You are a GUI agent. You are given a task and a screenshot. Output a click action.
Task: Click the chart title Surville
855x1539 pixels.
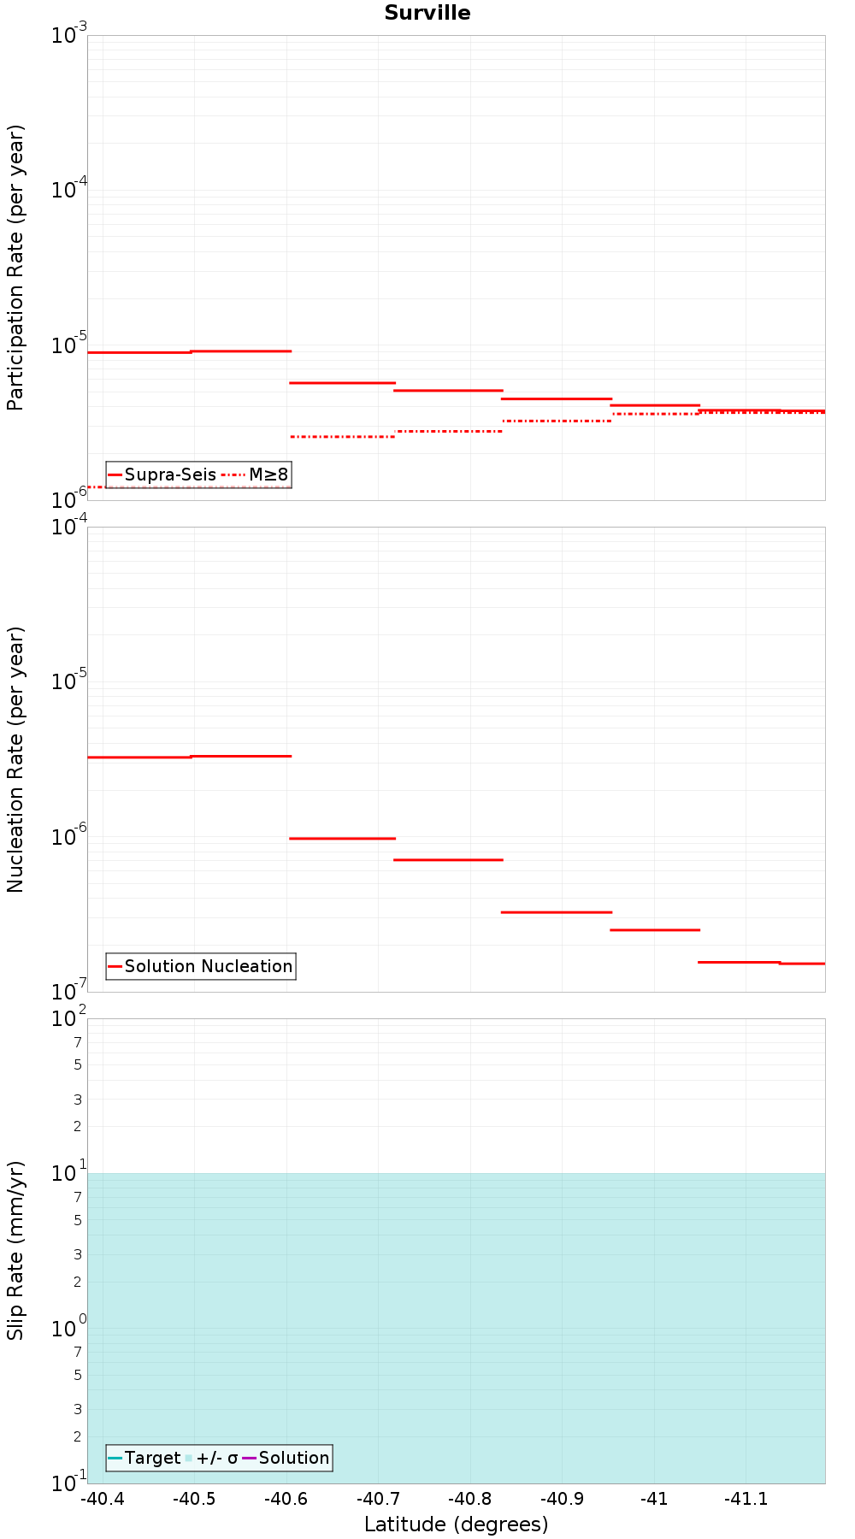(x=427, y=13)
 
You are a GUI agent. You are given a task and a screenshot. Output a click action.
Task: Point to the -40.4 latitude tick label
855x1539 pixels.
(x=103, y=1499)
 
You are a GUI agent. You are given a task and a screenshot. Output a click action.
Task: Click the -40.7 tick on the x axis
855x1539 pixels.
(x=378, y=1499)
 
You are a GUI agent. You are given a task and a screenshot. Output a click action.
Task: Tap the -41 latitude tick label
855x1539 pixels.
(x=654, y=1499)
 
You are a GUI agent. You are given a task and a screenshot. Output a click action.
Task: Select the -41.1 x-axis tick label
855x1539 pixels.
(x=746, y=1499)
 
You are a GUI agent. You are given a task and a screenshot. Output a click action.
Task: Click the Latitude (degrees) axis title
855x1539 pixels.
(x=456, y=1524)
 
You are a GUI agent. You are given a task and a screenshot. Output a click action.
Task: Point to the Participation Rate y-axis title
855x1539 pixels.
(x=15, y=268)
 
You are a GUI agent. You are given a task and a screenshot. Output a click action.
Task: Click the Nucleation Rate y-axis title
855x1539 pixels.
(x=15, y=759)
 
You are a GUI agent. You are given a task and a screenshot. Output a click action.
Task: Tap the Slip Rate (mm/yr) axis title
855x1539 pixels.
(x=15, y=1250)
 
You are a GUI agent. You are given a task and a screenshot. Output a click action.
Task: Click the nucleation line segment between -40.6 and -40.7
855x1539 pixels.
(x=342, y=839)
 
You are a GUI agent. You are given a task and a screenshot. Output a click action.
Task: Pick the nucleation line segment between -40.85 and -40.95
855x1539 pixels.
(x=556, y=912)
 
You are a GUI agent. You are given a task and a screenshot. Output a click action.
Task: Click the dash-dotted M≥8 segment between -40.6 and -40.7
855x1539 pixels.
(x=342, y=437)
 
